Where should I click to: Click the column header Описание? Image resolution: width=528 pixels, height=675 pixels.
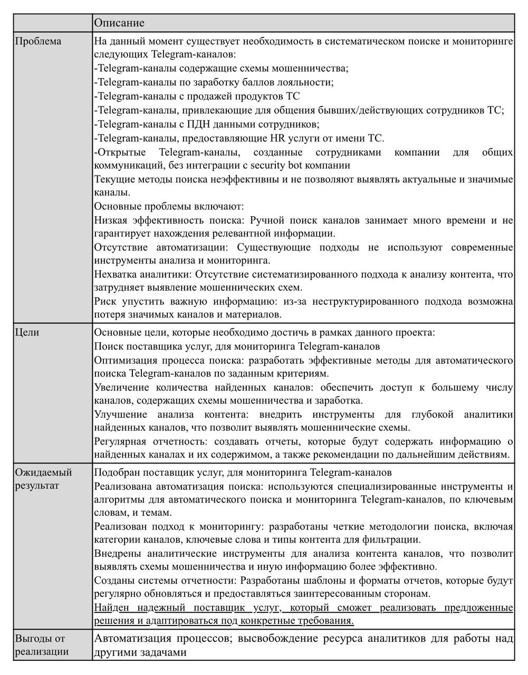coord(119,23)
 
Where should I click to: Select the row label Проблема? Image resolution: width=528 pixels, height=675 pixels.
coord(38,41)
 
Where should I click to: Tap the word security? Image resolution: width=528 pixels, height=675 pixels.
coord(273,166)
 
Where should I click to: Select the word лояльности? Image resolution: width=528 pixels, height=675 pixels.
coord(305,83)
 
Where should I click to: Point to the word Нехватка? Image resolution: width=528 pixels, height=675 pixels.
coord(116,274)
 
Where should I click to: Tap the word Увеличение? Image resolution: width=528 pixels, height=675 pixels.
coord(123,388)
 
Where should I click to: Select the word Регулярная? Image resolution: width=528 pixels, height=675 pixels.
coord(123,441)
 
